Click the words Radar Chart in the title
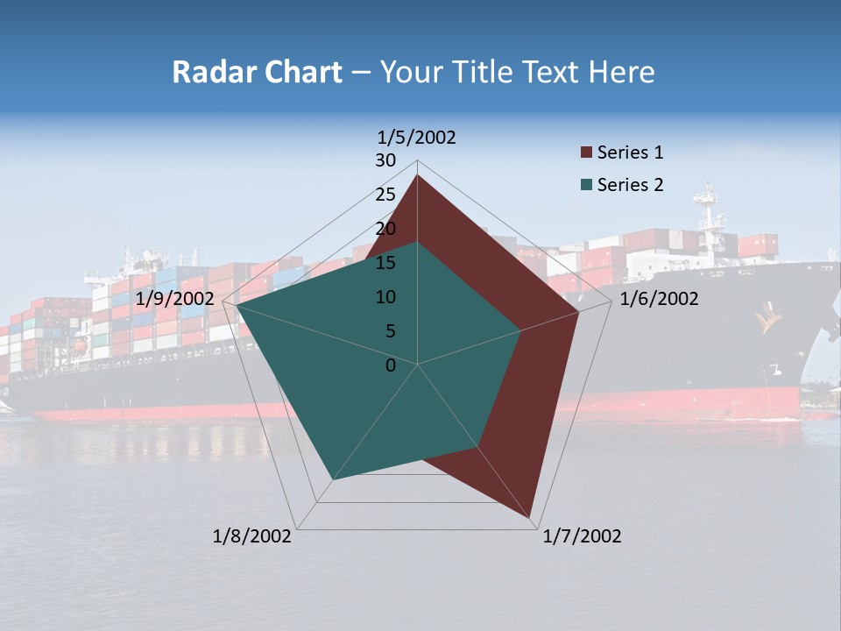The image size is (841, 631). coord(257,73)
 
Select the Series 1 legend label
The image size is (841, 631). coord(630,152)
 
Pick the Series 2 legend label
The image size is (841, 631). coord(630,185)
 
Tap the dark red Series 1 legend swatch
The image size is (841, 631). coord(587,153)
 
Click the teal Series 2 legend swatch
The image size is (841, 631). coord(587,185)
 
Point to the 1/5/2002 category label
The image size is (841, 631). coord(417,138)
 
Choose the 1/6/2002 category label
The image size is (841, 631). coord(659,299)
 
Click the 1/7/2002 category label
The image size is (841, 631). coord(582,536)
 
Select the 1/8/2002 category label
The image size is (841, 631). coord(252,536)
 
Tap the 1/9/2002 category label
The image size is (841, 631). coord(175,299)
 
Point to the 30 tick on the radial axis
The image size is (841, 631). coord(385,160)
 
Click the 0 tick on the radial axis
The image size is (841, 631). coord(391,365)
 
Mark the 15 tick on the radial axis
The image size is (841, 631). coord(385,263)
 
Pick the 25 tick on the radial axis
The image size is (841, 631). coord(385,195)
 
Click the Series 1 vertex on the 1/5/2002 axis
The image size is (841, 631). coord(417,175)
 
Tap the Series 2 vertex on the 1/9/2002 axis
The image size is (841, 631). coord(237,306)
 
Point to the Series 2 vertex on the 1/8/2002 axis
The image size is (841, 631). coord(332,479)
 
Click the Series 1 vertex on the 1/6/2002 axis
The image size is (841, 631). coord(579,312)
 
